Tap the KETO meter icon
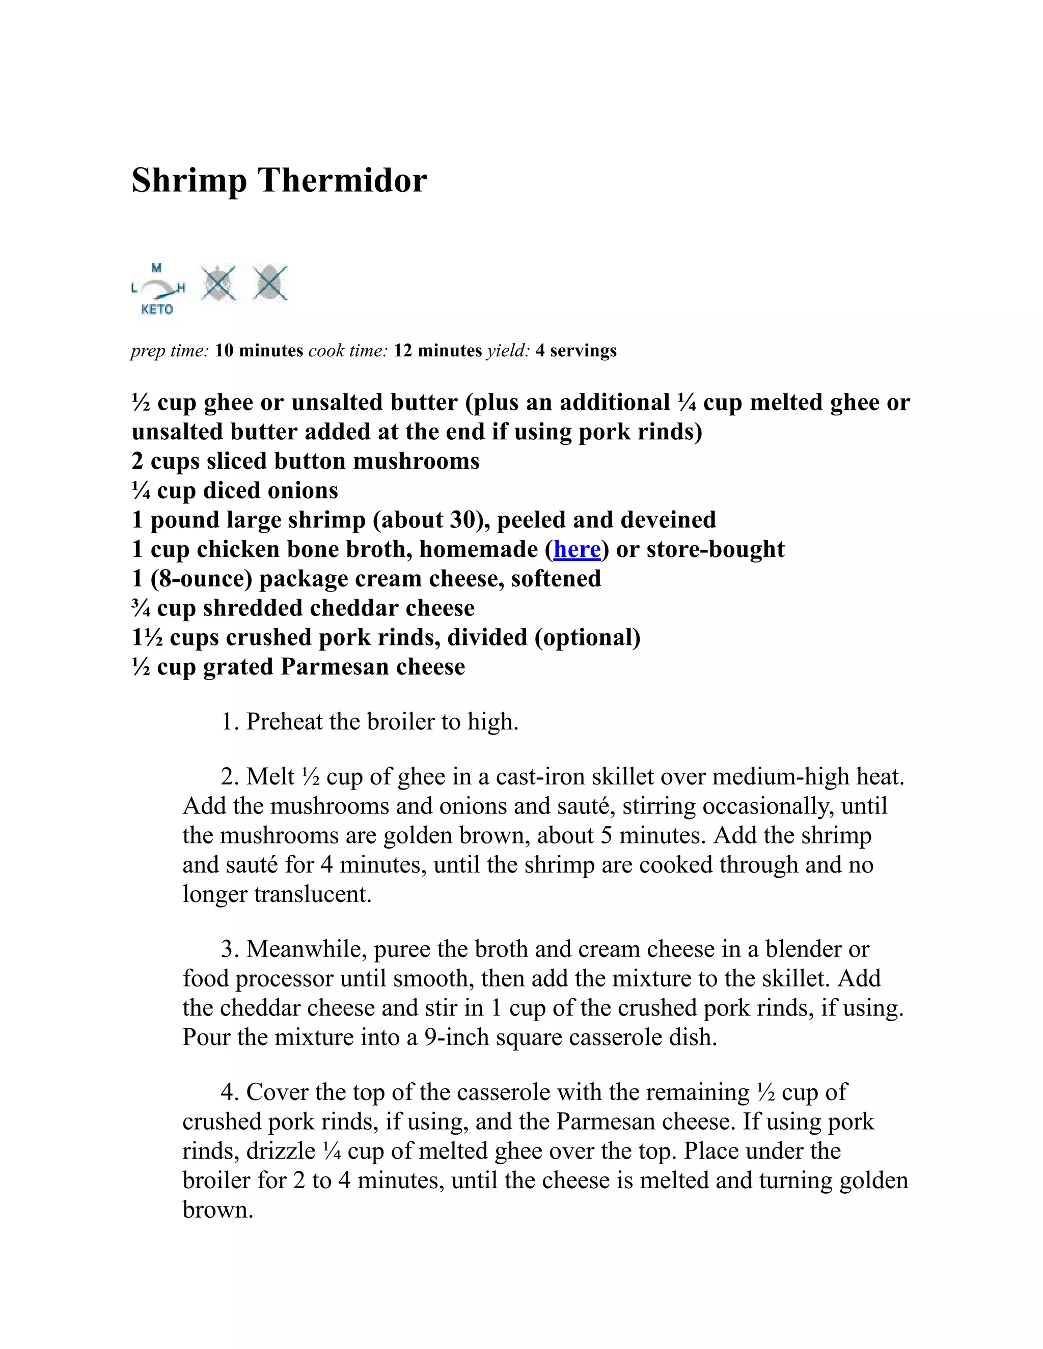pos(157,289)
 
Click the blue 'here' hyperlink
pos(577,549)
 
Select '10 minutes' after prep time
pos(259,351)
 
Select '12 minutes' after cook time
pos(437,351)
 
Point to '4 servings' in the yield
pos(576,351)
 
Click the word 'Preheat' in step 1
pos(284,721)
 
